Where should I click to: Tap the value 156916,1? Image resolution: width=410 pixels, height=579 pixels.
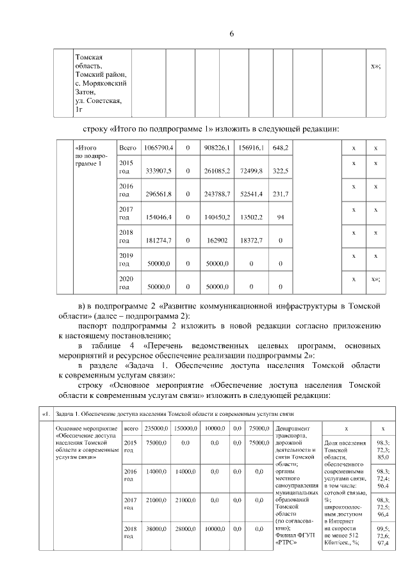click(x=250, y=148)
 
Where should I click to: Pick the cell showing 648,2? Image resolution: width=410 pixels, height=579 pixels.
click(x=280, y=148)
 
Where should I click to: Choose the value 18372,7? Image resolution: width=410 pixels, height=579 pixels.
click(x=250, y=241)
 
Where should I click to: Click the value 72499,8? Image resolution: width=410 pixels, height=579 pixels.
click(x=250, y=171)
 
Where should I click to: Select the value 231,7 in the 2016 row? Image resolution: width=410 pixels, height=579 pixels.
click(x=280, y=194)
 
